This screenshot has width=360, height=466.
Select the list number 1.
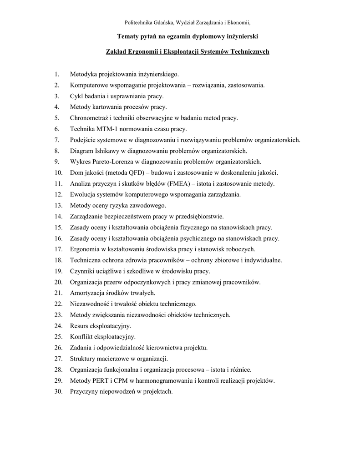[56, 74]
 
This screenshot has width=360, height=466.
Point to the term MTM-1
[108, 129]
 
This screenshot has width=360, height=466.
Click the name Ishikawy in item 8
[106, 151]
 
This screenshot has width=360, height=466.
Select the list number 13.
[58, 205]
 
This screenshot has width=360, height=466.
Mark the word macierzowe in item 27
[111, 358]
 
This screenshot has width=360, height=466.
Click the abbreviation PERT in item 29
[100, 380]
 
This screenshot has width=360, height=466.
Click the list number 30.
[58, 391]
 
